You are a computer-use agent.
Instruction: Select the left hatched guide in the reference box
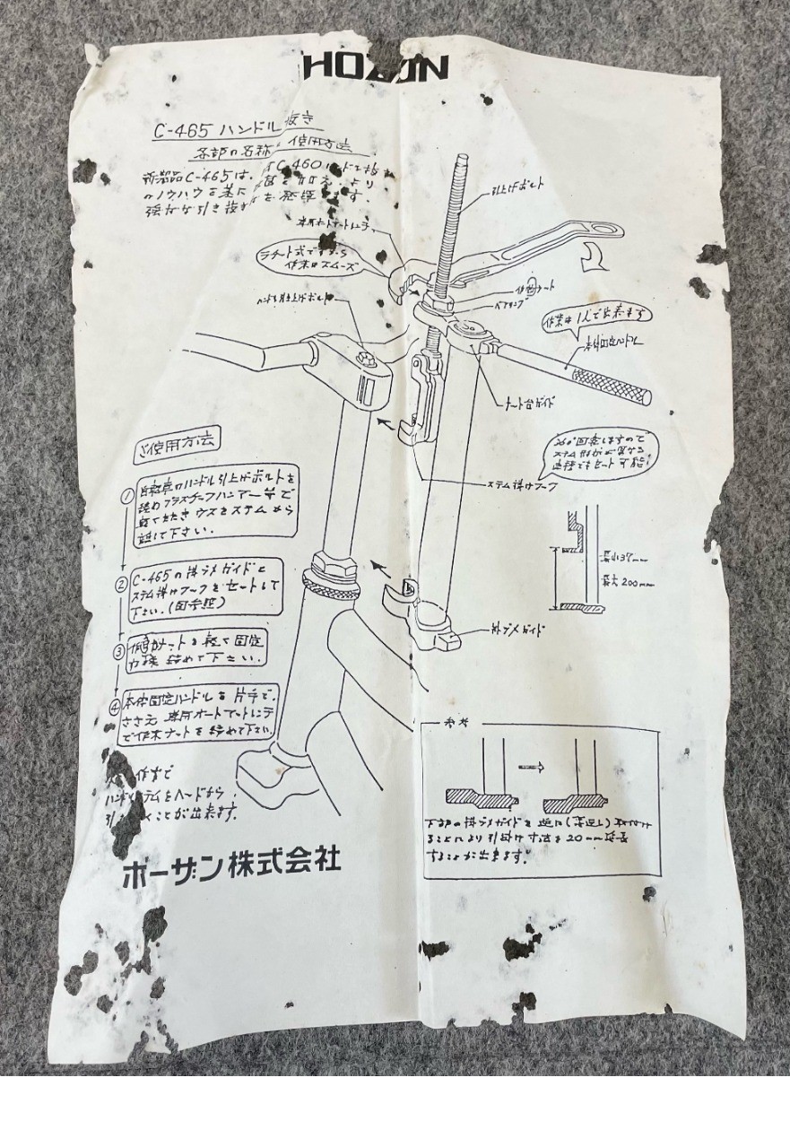480,798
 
